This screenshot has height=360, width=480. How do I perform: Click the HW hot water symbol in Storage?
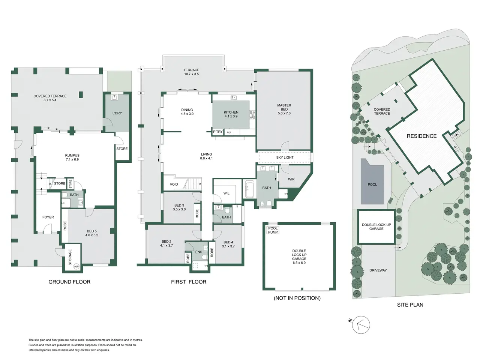(x=76, y=267)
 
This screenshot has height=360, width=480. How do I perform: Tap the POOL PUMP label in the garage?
(x=273, y=230)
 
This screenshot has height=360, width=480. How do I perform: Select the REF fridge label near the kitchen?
(x=229, y=132)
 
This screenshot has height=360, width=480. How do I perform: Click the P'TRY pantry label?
(x=217, y=132)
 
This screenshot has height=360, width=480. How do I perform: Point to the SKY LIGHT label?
(x=285, y=157)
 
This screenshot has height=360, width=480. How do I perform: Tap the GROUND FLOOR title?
(x=69, y=282)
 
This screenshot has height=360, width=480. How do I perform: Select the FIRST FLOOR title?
(x=189, y=282)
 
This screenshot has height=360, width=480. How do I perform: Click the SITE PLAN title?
(x=410, y=305)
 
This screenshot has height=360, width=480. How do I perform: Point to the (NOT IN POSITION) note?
(x=297, y=298)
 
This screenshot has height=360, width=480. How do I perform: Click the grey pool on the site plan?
(x=372, y=181)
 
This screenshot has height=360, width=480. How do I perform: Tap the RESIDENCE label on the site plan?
(x=421, y=136)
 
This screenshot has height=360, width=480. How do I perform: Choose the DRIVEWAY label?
(x=378, y=270)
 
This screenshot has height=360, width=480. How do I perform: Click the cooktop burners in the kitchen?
(x=253, y=115)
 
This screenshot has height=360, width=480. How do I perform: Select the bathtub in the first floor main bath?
(x=249, y=189)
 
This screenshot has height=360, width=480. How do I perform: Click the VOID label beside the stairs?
(x=174, y=184)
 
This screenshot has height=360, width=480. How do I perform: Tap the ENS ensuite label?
(x=198, y=252)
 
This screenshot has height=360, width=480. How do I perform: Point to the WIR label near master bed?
(x=291, y=179)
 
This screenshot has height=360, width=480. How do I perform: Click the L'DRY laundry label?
(x=117, y=113)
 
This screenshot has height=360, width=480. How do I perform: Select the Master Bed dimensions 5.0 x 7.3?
(x=284, y=113)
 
